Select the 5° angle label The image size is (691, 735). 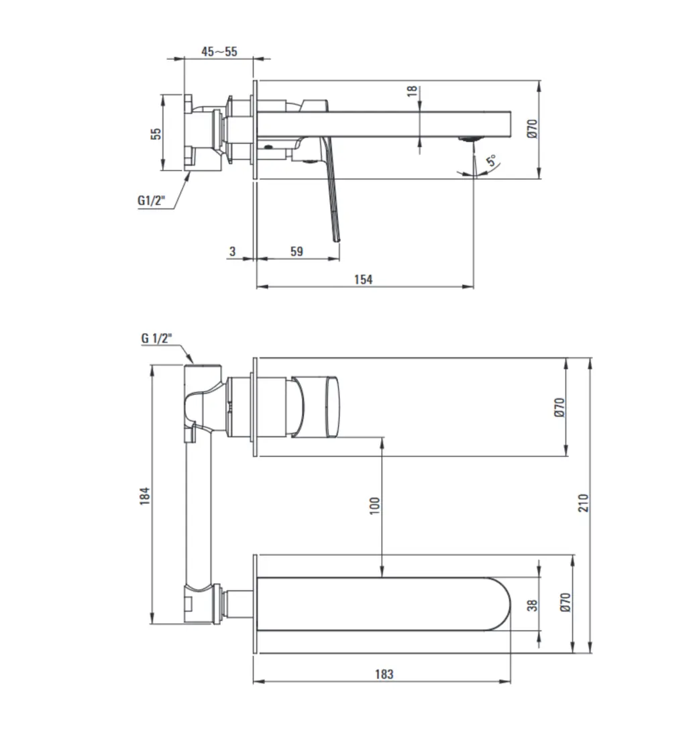tap(492, 161)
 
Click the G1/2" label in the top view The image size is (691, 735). tap(151, 199)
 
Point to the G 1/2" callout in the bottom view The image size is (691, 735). tap(156, 338)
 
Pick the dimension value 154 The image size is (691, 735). tap(363, 279)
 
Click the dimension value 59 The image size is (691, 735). tap(296, 251)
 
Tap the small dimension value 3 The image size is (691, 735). tap(232, 251)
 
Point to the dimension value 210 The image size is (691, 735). tap(583, 502)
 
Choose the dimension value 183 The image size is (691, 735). tap(384, 674)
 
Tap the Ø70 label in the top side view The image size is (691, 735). tap(532, 128)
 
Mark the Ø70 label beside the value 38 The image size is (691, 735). tap(564, 602)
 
